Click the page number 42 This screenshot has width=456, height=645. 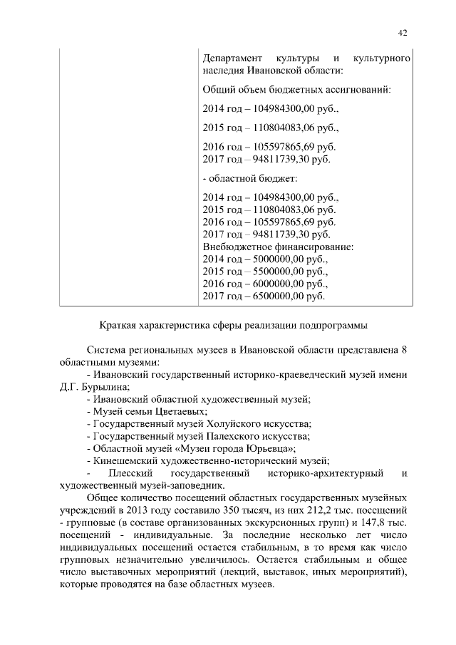pos(403,32)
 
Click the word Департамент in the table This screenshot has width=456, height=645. pos(230,56)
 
